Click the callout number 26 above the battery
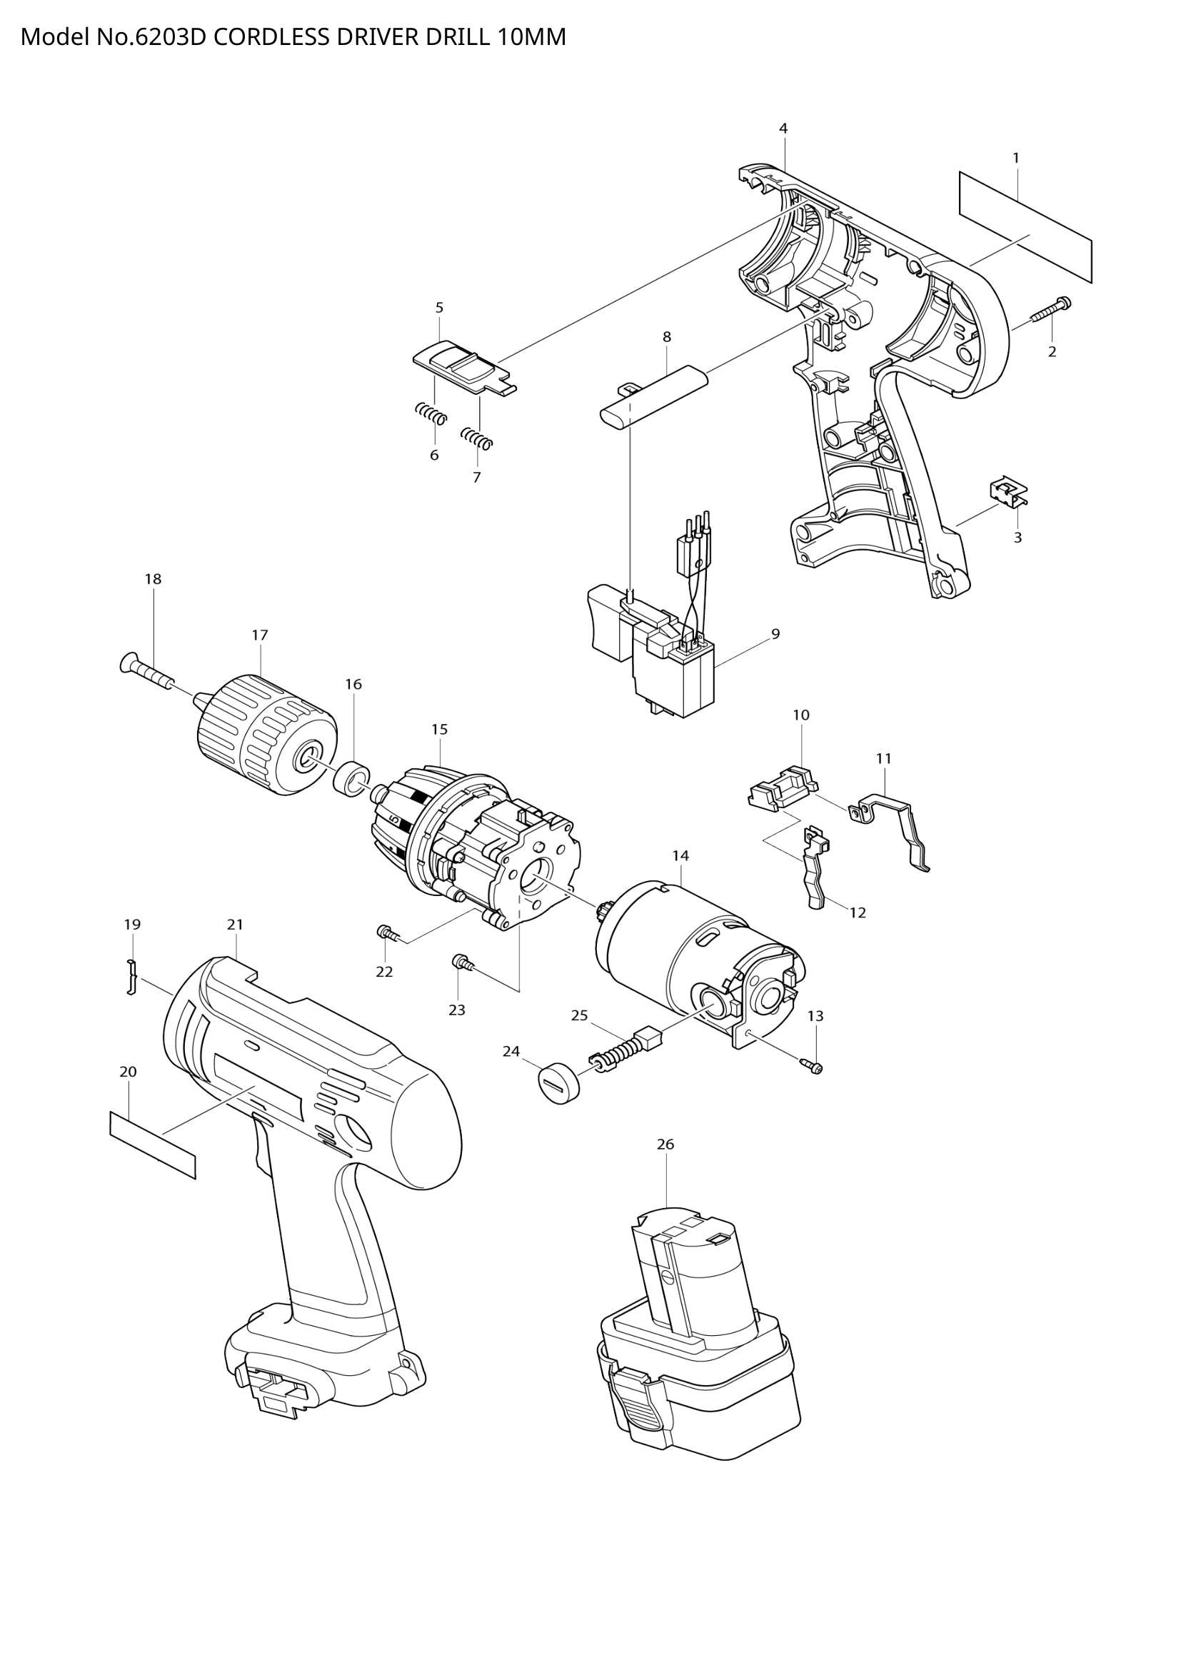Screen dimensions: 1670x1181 665,1143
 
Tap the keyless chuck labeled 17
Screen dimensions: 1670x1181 267,734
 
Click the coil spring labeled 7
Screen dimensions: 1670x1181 477,438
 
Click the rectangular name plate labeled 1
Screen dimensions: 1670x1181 1025,227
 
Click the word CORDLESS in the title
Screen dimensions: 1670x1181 272,37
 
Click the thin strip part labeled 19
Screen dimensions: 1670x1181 131,976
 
